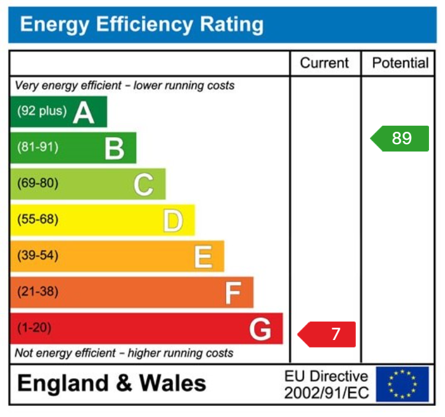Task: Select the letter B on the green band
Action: (x=114, y=148)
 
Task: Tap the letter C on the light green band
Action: (x=143, y=185)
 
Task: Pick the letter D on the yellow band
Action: (x=173, y=221)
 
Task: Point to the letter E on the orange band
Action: (x=202, y=257)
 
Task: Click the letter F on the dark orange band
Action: (x=232, y=293)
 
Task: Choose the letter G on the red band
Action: (x=260, y=330)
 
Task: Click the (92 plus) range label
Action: (x=41, y=111)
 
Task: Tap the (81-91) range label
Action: (x=38, y=148)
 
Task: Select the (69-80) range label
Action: (x=38, y=184)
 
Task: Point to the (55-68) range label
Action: (x=38, y=219)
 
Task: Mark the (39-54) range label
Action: (x=38, y=255)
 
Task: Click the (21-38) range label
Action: (x=38, y=291)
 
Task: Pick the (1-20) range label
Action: (x=34, y=328)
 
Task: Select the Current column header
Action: (x=324, y=63)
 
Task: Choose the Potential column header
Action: (x=401, y=63)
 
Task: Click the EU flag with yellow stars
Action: (x=403, y=384)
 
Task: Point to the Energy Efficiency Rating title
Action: (x=142, y=25)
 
